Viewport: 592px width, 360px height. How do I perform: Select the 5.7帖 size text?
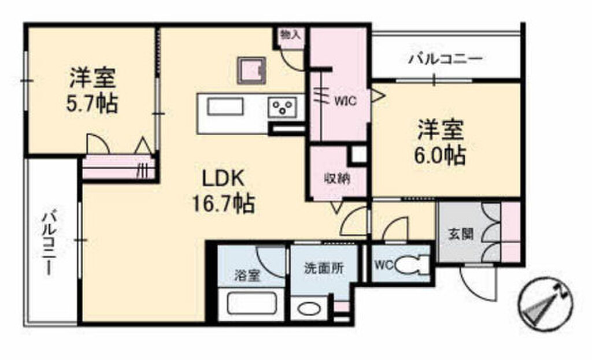pyautogui.click(x=92, y=104)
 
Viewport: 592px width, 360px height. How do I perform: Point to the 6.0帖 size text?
pyautogui.click(x=441, y=154)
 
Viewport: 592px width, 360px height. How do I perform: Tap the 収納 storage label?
pyautogui.click(x=336, y=177)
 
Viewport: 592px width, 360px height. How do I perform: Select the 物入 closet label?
pyautogui.click(x=290, y=35)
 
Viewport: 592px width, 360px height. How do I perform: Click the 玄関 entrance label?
pyautogui.click(x=461, y=235)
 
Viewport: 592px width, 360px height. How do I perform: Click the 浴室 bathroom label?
pyautogui.click(x=247, y=276)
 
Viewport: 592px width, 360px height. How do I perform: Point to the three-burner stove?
pyautogui.click(x=283, y=107)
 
